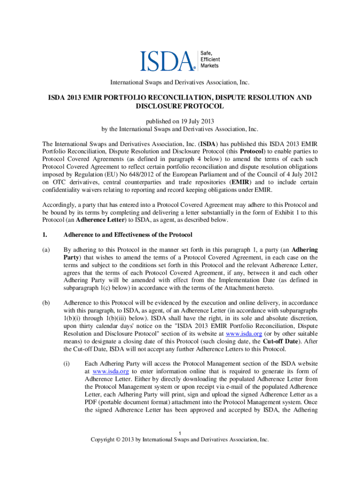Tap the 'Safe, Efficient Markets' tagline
(x=209, y=59)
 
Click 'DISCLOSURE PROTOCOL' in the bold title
(x=180, y=106)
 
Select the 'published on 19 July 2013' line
(x=180, y=121)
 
